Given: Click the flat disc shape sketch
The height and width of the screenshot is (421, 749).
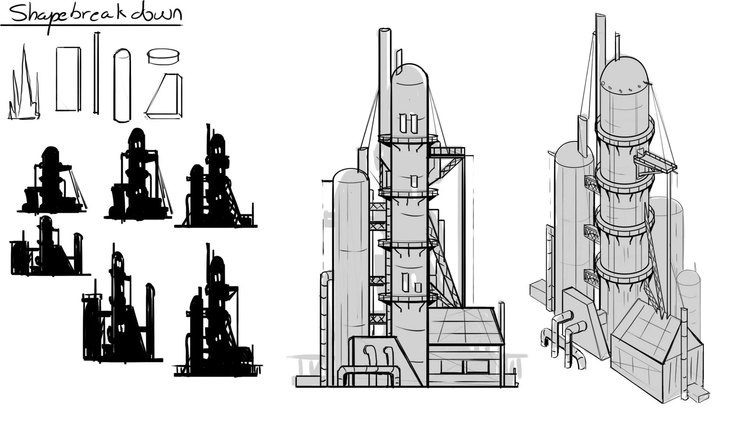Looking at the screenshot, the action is tap(163, 56).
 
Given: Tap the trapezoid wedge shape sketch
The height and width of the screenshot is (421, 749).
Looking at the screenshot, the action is tap(164, 96).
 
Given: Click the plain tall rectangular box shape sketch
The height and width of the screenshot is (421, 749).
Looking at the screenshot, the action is tap(68, 79).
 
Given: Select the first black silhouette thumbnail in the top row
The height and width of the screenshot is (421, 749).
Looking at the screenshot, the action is tap(52, 180).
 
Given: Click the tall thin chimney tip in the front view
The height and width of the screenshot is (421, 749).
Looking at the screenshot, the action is tap(385, 31).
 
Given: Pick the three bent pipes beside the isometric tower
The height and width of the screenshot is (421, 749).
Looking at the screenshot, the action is tap(564, 337).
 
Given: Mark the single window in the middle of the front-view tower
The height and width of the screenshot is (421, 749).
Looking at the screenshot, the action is tap(414, 181).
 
